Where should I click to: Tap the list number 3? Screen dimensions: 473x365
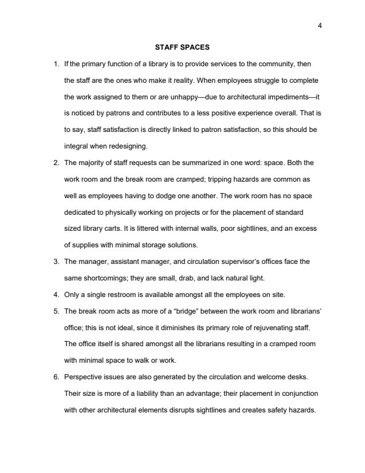[56, 262]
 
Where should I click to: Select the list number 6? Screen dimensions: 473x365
[56, 377]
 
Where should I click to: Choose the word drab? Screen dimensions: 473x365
[196, 278]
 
